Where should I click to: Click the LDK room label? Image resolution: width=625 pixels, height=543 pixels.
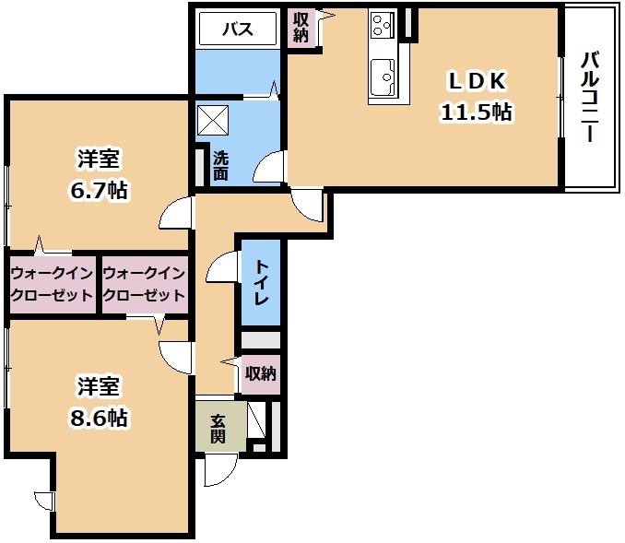[x=478, y=81]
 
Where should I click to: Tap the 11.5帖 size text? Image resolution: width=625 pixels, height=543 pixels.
[x=476, y=112]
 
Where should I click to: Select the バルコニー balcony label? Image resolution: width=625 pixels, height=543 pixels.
[x=590, y=97]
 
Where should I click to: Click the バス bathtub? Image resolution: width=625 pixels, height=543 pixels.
[x=238, y=29]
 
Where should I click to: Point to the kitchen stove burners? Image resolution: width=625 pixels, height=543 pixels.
[x=382, y=25]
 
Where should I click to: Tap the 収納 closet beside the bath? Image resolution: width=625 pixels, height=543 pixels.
[x=301, y=27]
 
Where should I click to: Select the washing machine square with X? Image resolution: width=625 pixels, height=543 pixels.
[x=213, y=120]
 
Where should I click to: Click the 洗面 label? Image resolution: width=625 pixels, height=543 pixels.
[x=220, y=166]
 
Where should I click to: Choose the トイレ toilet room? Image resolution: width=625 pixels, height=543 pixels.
[x=261, y=283]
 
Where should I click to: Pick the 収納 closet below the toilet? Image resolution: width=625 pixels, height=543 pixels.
[x=261, y=374]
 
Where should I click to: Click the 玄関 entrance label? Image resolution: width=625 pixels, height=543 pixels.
[x=218, y=429]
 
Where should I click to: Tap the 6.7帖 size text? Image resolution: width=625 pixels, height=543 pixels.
[x=99, y=190]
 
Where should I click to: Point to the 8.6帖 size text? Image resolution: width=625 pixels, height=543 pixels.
[x=99, y=419]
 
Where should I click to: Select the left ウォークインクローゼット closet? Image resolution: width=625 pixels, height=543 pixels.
[x=52, y=284]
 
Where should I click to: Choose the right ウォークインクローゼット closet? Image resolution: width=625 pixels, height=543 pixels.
[x=145, y=284]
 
